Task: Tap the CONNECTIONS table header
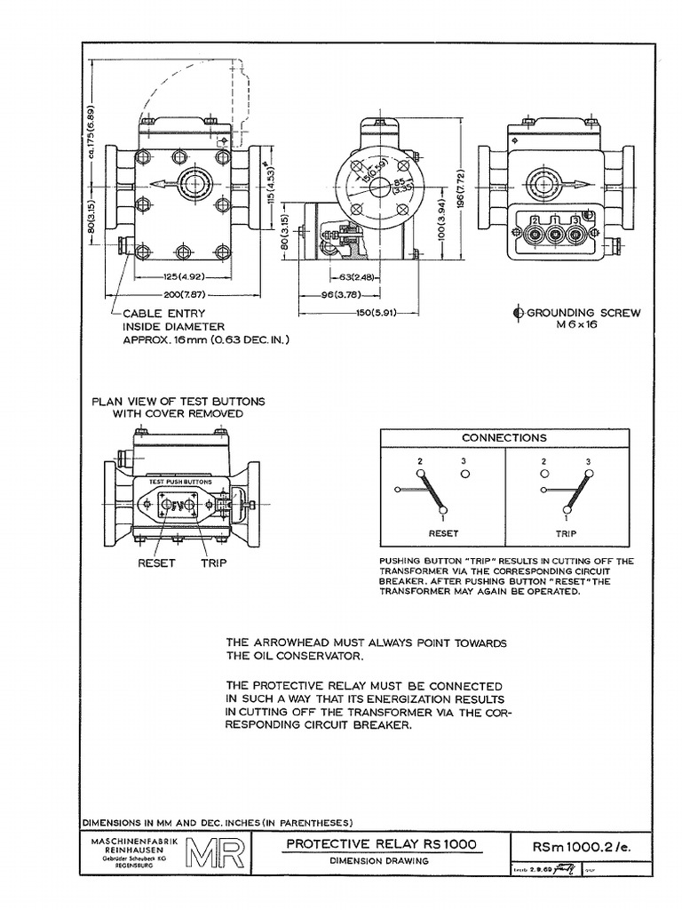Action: coord(504,437)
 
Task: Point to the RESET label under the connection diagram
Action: coord(443,533)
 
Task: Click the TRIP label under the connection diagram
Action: coord(566,533)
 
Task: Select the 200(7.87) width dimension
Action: coord(185,293)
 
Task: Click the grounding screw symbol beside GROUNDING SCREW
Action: coord(519,313)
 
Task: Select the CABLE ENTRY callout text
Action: coord(163,314)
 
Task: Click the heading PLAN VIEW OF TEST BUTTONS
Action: coord(178,402)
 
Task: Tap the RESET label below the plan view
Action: coord(156,563)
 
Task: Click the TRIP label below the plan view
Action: coord(214,563)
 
